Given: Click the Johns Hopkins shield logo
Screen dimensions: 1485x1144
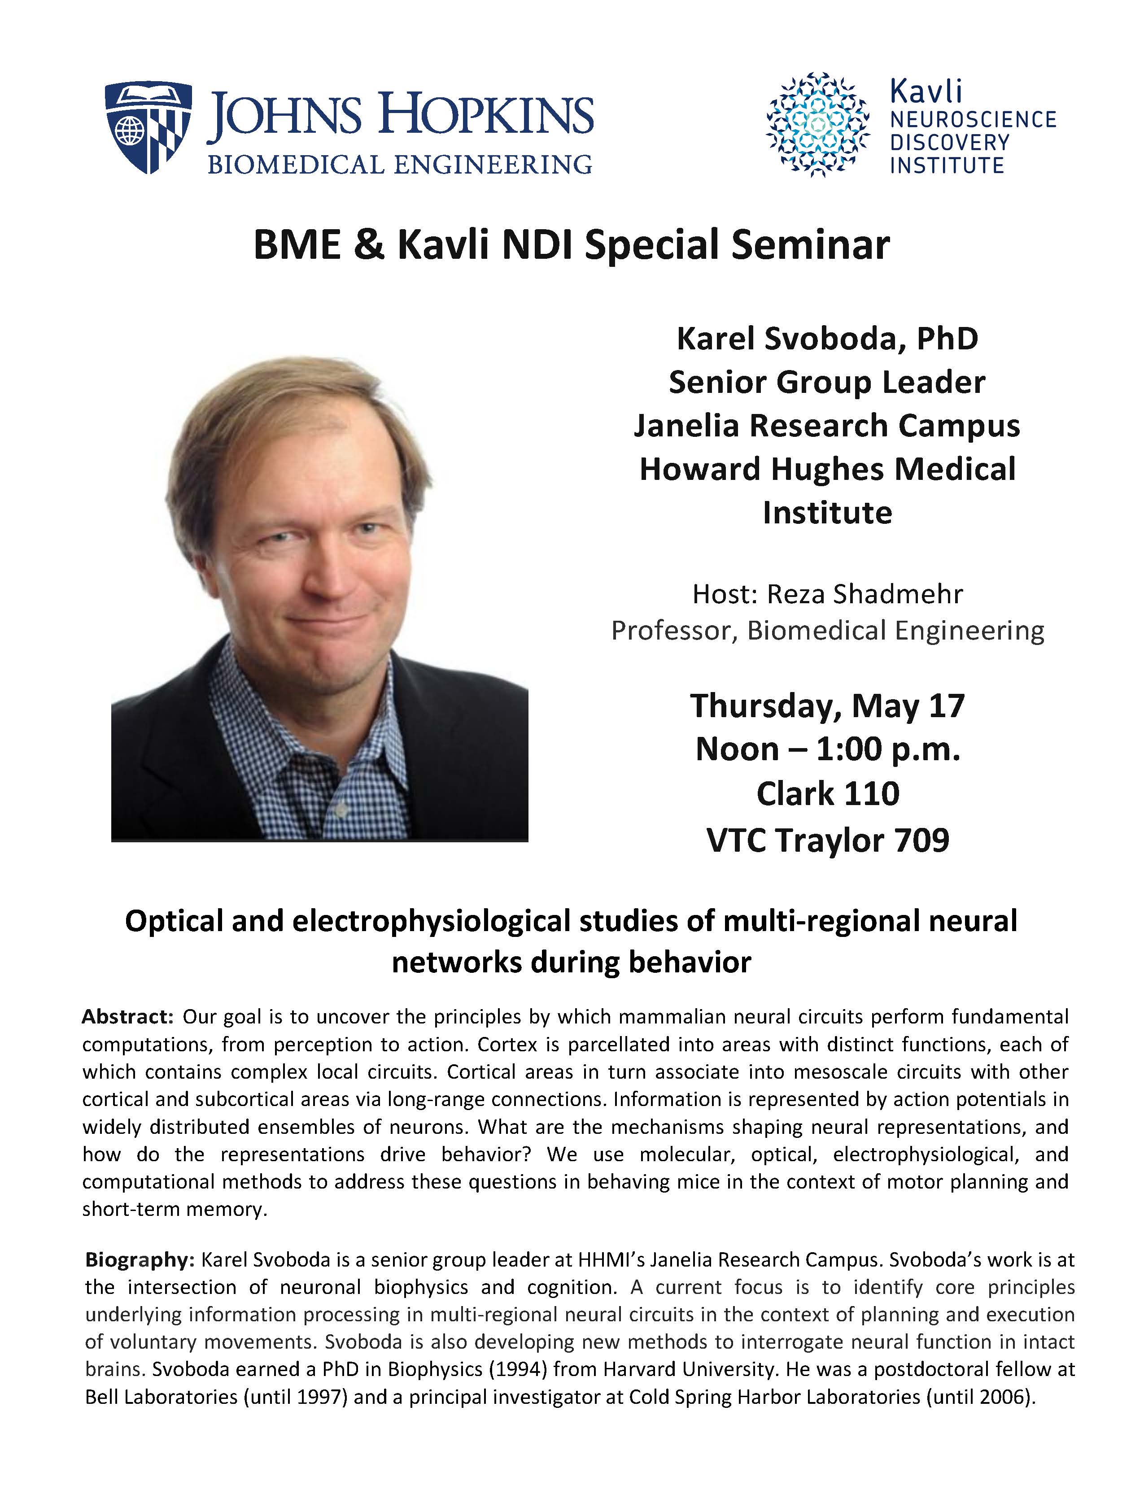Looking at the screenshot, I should click(148, 126).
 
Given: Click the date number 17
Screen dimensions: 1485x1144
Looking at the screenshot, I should click(946, 706).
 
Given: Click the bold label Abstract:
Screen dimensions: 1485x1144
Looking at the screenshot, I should click(128, 1016).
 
